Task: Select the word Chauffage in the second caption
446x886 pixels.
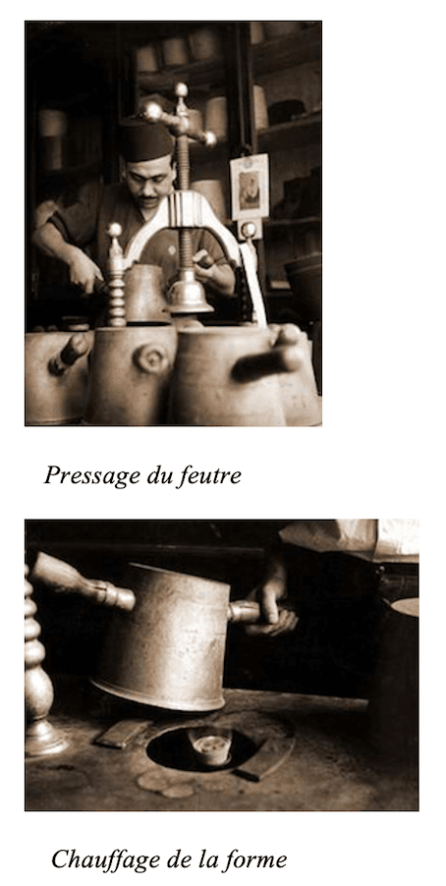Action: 100,859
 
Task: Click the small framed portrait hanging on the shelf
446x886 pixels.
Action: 249,187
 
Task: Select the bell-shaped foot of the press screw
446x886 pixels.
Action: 188,294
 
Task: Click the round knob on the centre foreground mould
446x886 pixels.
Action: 151,359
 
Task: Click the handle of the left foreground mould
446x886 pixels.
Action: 69,354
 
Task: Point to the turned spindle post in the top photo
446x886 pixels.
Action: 116,280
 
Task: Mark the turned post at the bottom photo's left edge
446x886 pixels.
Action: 38,668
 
